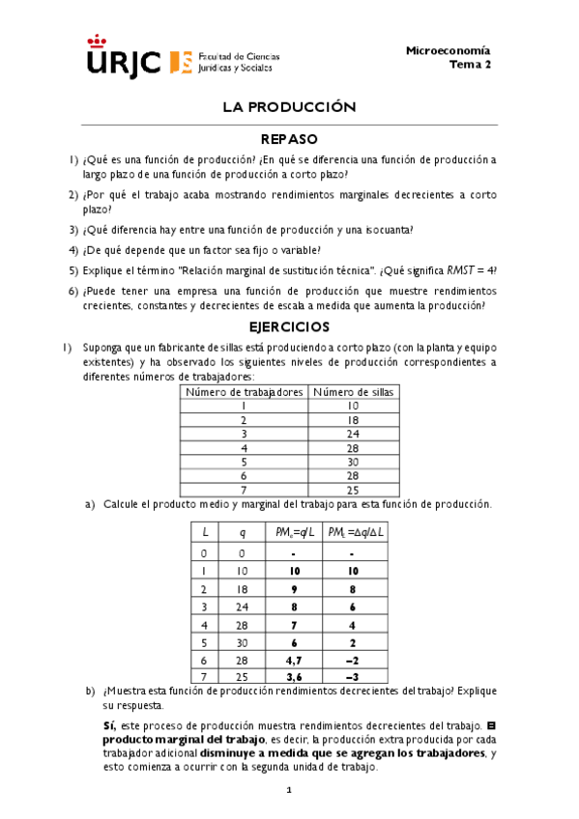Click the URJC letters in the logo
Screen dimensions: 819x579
pos(124,61)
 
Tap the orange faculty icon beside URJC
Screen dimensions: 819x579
pos(180,62)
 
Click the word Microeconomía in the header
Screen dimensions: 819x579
pos(448,50)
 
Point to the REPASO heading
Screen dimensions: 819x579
pos(289,139)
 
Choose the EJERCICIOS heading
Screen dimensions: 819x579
pos(289,326)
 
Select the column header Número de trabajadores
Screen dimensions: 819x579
pos(245,392)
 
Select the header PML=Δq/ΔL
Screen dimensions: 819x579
pos(351,532)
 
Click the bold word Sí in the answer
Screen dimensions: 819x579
pos(108,725)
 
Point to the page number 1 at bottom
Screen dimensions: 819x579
pos(289,791)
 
